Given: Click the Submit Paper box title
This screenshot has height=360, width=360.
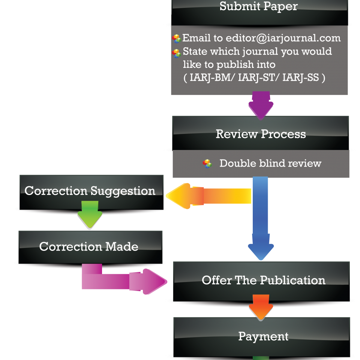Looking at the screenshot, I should click(258, 6).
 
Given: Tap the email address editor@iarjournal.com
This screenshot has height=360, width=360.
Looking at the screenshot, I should click(283, 38).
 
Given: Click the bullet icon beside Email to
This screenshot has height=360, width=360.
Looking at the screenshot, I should click(177, 39).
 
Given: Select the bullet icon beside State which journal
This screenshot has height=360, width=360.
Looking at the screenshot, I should click(177, 53).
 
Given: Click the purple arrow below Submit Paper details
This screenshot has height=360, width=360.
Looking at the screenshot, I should click(261, 105).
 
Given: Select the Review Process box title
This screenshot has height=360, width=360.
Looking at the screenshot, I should click(261, 134).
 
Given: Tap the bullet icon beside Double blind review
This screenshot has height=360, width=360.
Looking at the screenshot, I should click(207, 163).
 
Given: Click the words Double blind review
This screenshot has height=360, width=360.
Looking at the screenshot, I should click(270, 163).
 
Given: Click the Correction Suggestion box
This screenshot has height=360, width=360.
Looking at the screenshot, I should click(90, 191).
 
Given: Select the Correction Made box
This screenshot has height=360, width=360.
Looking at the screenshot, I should click(89, 246).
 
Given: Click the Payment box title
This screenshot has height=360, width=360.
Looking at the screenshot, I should click(263, 336).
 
